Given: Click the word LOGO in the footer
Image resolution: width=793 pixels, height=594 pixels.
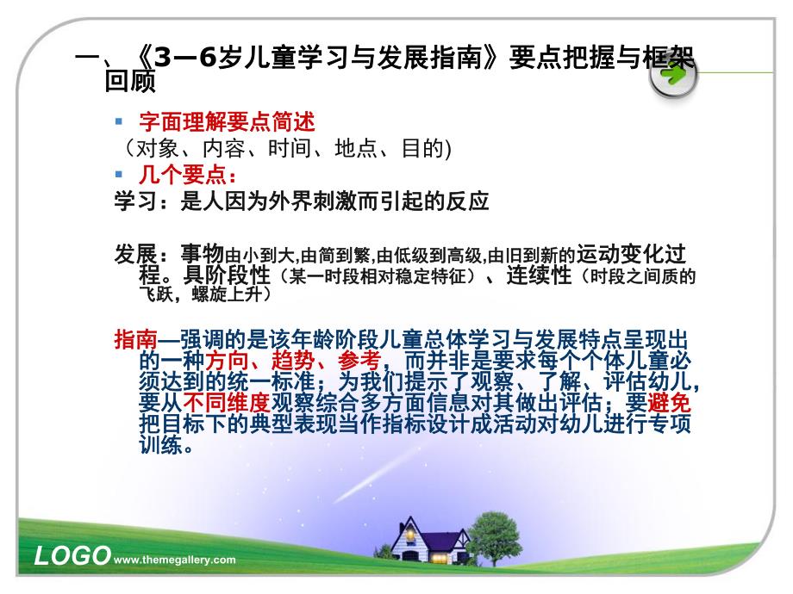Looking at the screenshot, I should (x=72, y=555).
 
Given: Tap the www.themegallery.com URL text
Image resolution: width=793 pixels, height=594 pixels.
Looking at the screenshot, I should (x=175, y=560).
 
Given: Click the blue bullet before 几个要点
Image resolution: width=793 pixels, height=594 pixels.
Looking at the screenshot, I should (x=120, y=176).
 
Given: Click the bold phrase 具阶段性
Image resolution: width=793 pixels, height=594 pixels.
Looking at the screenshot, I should (x=225, y=277).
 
